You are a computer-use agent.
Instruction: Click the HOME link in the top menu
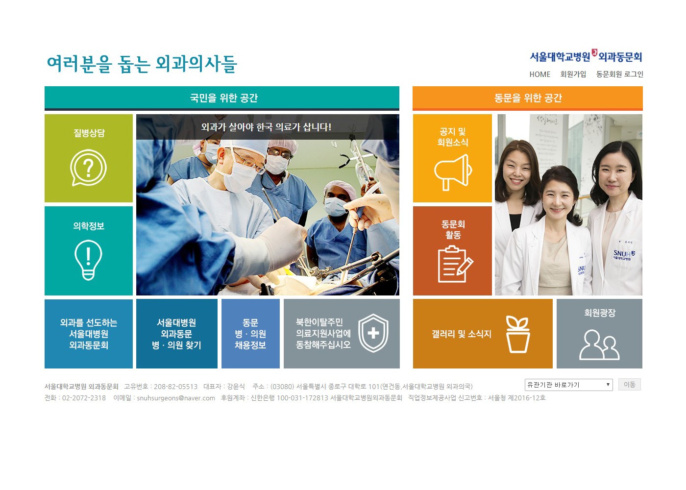tap(539, 74)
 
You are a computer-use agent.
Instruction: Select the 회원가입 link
tap(573, 74)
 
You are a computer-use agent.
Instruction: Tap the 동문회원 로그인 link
tap(619, 74)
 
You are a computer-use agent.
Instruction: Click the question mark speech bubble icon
tap(88, 168)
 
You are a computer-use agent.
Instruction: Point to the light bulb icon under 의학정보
tap(88, 260)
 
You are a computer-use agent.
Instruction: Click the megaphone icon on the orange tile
tap(453, 172)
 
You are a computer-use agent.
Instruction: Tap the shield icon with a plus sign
tap(373, 333)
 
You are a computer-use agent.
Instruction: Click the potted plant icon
tap(517, 334)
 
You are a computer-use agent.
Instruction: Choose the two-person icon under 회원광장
tap(599, 344)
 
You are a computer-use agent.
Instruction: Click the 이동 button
tap(629, 385)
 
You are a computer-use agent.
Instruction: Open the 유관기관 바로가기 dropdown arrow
tap(608, 385)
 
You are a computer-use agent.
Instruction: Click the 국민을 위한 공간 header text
tap(223, 98)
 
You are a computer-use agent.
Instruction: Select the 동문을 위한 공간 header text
tap(528, 98)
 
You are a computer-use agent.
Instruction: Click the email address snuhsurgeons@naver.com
tap(176, 398)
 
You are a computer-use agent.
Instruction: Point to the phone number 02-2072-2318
tap(84, 398)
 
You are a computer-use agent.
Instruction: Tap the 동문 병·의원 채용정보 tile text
tap(250, 334)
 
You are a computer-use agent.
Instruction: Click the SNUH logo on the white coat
tap(623, 254)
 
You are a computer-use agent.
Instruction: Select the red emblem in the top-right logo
tap(594, 52)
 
